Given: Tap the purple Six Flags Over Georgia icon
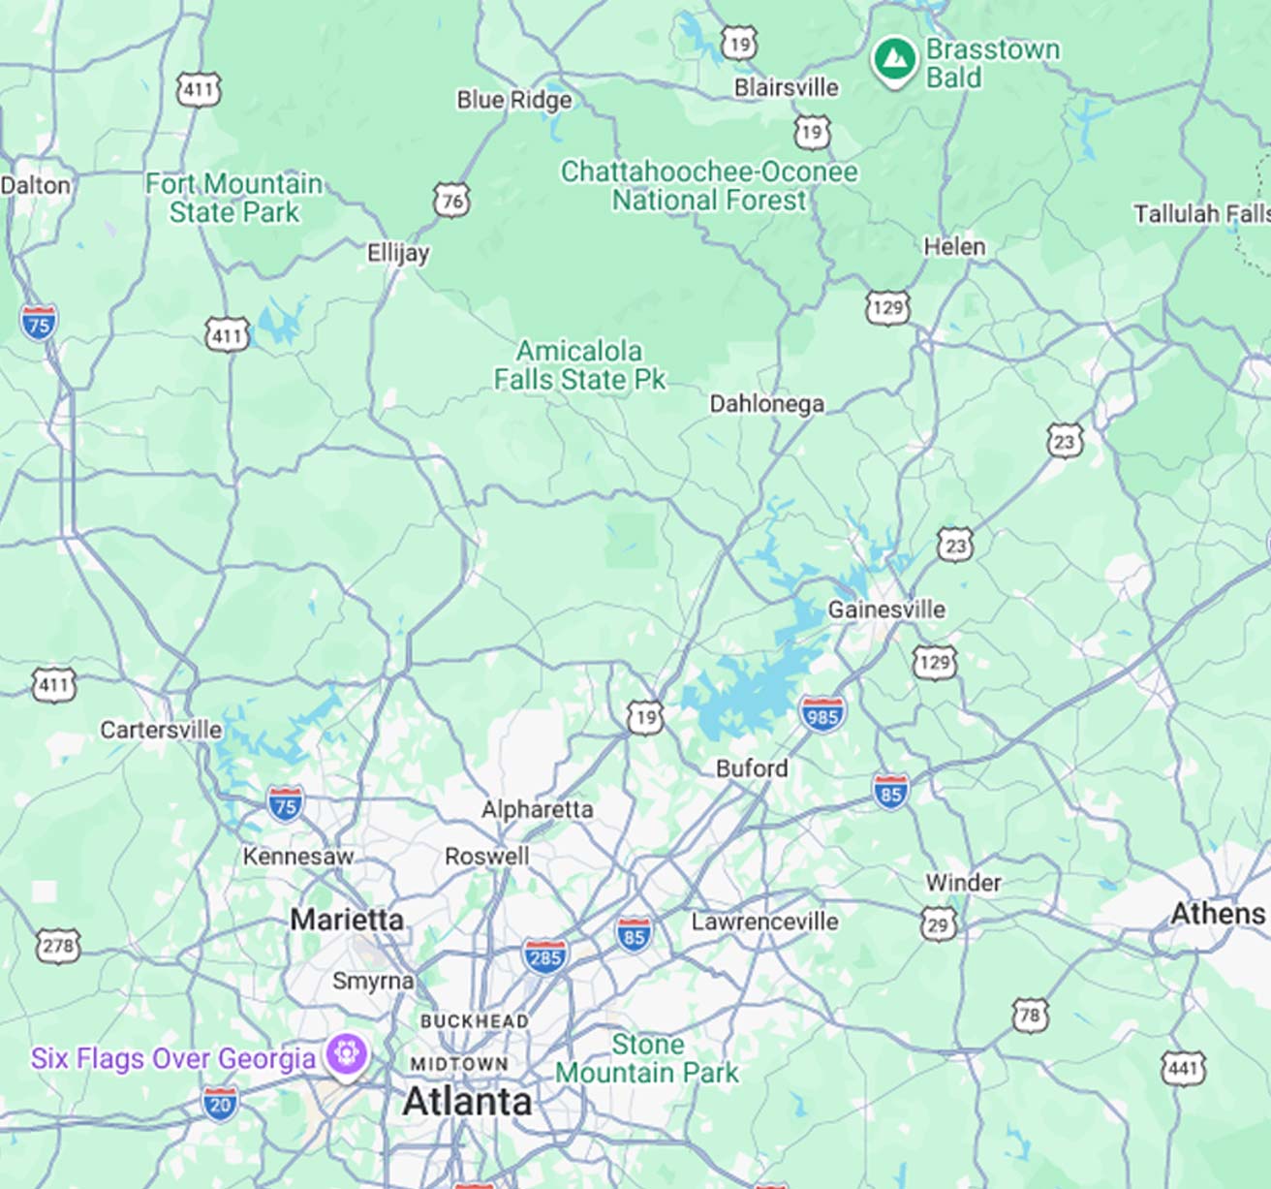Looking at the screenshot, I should (346, 1053).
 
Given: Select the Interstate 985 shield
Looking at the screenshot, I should (821, 714).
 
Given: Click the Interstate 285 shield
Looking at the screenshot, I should (544, 956).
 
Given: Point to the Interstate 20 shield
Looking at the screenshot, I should (220, 1103).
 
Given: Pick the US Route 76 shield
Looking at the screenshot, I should (451, 201).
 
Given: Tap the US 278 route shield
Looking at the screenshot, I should (58, 945).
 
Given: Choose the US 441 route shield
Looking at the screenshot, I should (1183, 1068).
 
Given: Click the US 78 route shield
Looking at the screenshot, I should (1030, 1015).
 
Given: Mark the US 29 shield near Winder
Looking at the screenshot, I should (938, 923).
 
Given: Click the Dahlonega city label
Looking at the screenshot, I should (766, 403).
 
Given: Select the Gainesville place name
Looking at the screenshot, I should (885, 610).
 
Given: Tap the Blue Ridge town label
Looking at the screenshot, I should (513, 100).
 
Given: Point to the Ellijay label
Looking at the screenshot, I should (397, 253).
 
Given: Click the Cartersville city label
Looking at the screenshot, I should (161, 729).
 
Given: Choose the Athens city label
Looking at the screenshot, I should (1217, 913).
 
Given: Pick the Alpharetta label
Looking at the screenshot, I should (537, 808).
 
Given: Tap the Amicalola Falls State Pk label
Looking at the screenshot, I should (579, 364).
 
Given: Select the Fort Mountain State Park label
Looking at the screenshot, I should (233, 198).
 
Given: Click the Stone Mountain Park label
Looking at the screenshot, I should (646, 1058).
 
